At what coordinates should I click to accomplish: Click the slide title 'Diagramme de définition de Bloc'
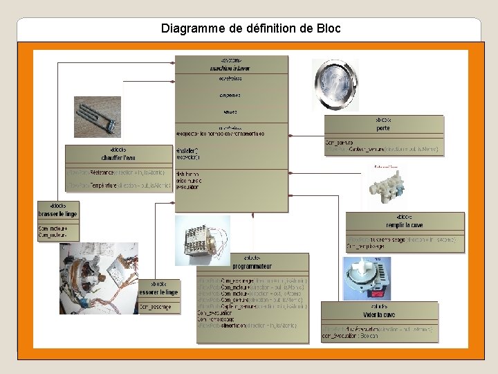[x=250, y=29]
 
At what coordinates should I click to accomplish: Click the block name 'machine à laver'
[x=231, y=69]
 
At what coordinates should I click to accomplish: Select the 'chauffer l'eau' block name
[x=118, y=158]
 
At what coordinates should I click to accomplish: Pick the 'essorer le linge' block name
[x=158, y=292]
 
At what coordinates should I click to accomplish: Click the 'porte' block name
[x=383, y=128]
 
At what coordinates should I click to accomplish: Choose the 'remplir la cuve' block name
[x=405, y=225]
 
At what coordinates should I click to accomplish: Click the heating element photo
[x=98, y=116]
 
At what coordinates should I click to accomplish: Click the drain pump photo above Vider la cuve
[x=369, y=278]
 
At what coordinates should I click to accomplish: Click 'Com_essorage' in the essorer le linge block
[x=156, y=306]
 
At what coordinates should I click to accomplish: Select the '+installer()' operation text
[x=187, y=150]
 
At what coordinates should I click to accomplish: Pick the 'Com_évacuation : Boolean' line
[x=350, y=336]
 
